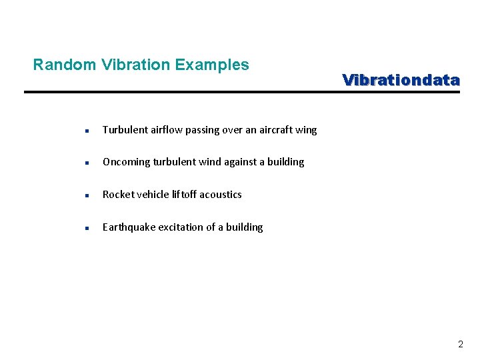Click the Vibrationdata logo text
coord(401,80)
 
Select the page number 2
coord(460,345)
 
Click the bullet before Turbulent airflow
coord(87,131)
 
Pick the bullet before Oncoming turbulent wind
coord(87,163)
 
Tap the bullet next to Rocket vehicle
coord(87,195)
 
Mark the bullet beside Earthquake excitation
coord(87,228)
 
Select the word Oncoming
coord(126,162)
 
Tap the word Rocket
coord(117,195)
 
